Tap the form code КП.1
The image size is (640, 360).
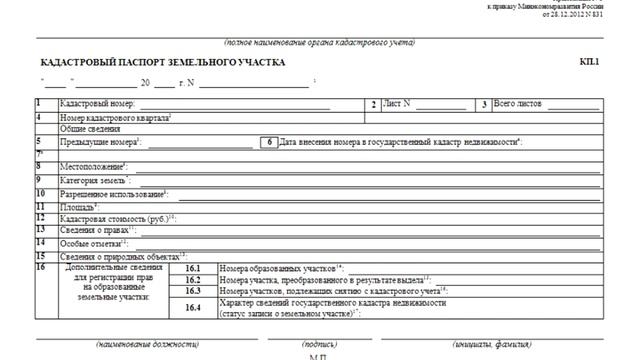coord(589,63)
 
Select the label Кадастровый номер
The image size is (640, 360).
coord(97,104)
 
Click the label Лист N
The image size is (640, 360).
coord(401,104)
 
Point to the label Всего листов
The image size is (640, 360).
coord(519,104)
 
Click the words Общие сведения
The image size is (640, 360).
coord(87,129)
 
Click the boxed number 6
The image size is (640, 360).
coord(269,142)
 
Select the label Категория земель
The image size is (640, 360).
coord(96,180)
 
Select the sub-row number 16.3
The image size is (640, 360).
coord(193,290)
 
